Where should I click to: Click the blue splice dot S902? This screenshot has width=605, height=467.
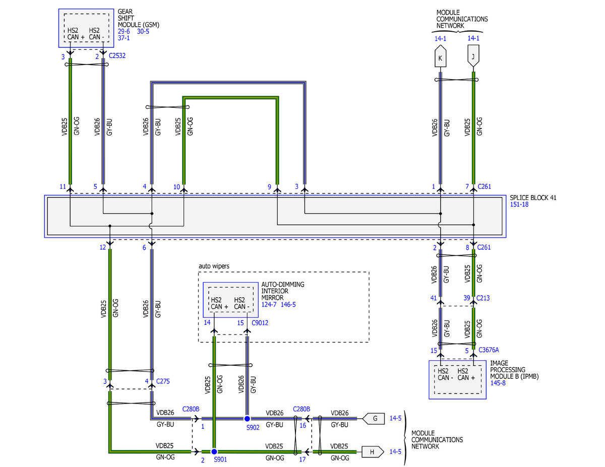pyautogui.click(x=247, y=419)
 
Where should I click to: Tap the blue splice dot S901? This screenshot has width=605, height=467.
pyautogui.click(x=214, y=451)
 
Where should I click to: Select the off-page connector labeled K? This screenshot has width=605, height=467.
pyautogui.click(x=440, y=56)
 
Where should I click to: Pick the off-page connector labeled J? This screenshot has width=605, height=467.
pyautogui.click(x=473, y=56)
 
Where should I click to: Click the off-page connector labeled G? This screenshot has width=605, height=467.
pyautogui.click(x=374, y=418)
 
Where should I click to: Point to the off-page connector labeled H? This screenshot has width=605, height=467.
pyautogui.click(x=373, y=452)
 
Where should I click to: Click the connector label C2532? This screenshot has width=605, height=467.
pyautogui.click(x=117, y=55)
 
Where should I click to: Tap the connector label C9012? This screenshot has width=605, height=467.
pyautogui.click(x=260, y=322)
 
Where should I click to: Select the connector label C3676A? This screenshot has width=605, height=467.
pyautogui.click(x=489, y=350)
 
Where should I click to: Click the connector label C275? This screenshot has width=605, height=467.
pyautogui.click(x=163, y=381)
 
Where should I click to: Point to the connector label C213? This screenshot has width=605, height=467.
pyautogui.click(x=483, y=298)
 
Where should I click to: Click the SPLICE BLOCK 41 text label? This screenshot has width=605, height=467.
pyautogui.click(x=533, y=198)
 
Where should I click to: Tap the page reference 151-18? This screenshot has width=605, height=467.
pyautogui.click(x=519, y=205)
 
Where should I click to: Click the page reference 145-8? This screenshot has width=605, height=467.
pyautogui.click(x=498, y=383)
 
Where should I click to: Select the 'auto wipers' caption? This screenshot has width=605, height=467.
pyautogui.click(x=214, y=266)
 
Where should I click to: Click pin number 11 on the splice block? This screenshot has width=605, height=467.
pyautogui.click(x=63, y=186)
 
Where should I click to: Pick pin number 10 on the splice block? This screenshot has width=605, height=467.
pyautogui.click(x=177, y=187)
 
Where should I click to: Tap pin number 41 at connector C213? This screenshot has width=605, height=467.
pyautogui.click(x=434, y=298)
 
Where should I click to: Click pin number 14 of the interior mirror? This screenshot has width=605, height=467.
pyautogui.click(x=207, y=322)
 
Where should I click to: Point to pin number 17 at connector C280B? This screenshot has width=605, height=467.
pyautogui.click(x=302, y=459)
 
